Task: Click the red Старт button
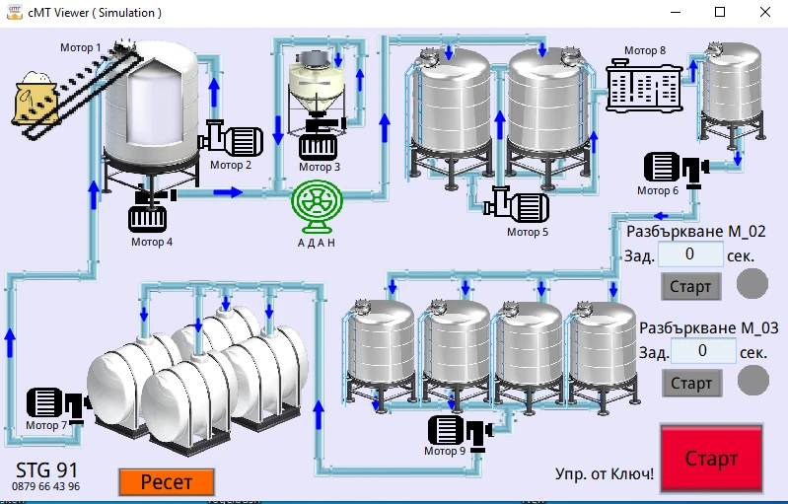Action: (711, 459)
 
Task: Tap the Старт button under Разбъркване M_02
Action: (690, 287)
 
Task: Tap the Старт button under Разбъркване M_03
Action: (690, 383)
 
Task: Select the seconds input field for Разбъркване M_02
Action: (689, 254)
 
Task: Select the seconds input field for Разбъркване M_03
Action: (702, 350)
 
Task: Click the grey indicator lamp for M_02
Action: (752, 284)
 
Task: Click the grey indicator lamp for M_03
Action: (752, 380)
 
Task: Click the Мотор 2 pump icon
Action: (232, 139)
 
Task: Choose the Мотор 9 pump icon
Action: (460, 430)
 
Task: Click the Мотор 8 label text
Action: (645, 51)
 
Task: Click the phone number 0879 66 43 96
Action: (46, 487)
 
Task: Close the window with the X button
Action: (765, 13)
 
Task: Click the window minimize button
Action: (676, 13)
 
